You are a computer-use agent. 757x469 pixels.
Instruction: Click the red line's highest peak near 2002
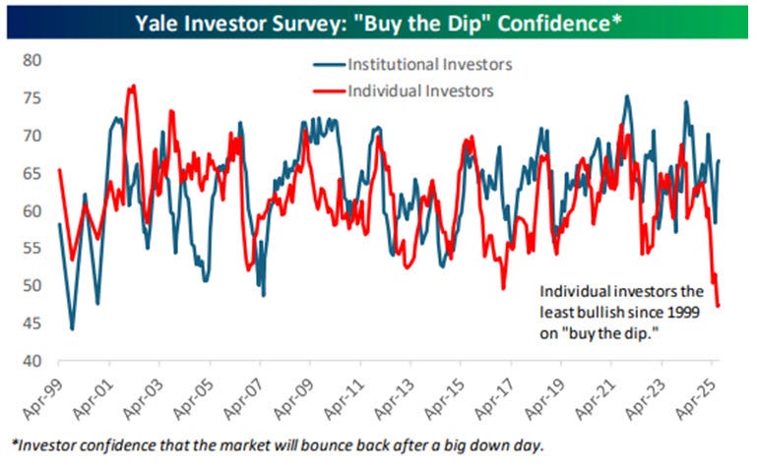click(132, 86)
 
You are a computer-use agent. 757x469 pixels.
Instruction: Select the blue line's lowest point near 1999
click(72, 328)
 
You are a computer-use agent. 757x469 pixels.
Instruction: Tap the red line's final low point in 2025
click(718, 306)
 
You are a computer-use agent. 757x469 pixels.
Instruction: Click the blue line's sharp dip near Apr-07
click(263, 294)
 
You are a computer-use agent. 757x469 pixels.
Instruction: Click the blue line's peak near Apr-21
click(627, 96)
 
